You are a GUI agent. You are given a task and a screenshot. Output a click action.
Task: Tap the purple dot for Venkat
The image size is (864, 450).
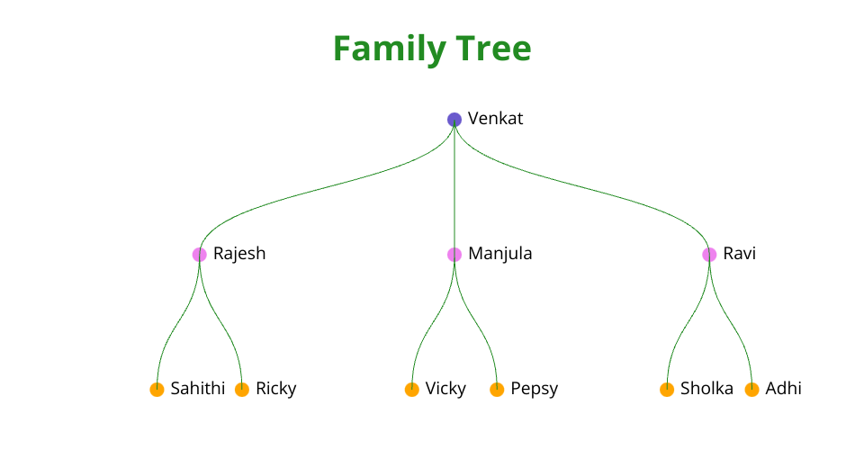click(x=454, y=120)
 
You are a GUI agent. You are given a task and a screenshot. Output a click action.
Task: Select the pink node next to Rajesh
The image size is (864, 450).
click(x=200, y=255)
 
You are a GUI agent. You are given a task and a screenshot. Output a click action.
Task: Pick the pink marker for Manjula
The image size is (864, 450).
click(x=454, y=255)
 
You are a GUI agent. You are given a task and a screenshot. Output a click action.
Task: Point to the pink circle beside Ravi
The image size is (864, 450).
click(x=709, y=255)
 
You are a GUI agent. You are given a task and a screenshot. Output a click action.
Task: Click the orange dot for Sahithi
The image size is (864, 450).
click(x=157, y=390)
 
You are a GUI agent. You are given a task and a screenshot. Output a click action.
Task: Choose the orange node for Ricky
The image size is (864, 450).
click(x=242, y=390)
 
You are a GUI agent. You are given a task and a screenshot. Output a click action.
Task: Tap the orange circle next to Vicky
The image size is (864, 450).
click(x=411, y=390)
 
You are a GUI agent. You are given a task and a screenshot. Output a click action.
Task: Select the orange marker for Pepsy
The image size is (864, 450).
click(x=497, y=390)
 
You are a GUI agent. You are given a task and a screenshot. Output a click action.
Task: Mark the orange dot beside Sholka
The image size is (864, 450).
click(x=667, y=390)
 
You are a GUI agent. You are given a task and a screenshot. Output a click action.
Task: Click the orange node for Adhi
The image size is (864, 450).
click(x=751, y=390)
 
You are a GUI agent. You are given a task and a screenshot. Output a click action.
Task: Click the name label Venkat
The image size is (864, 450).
click(x=495, y=119)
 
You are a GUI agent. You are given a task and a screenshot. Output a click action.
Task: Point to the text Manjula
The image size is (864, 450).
click(x=499, y=254)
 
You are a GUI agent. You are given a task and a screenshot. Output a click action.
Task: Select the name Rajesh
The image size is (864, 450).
click(x=239, y=254)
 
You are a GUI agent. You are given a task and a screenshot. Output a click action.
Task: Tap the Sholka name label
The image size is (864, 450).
click(x=706, y=388)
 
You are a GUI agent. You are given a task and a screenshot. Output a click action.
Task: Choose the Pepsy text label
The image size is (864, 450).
click(x=534, y=389)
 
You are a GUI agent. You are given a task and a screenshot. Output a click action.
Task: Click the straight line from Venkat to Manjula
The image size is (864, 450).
click(x=454, y=187)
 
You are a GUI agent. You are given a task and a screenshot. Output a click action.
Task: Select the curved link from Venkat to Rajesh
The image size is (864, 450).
click(x=327, y=187)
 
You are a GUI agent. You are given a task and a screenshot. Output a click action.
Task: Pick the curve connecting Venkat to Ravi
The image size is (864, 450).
click(x=582, y=187)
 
